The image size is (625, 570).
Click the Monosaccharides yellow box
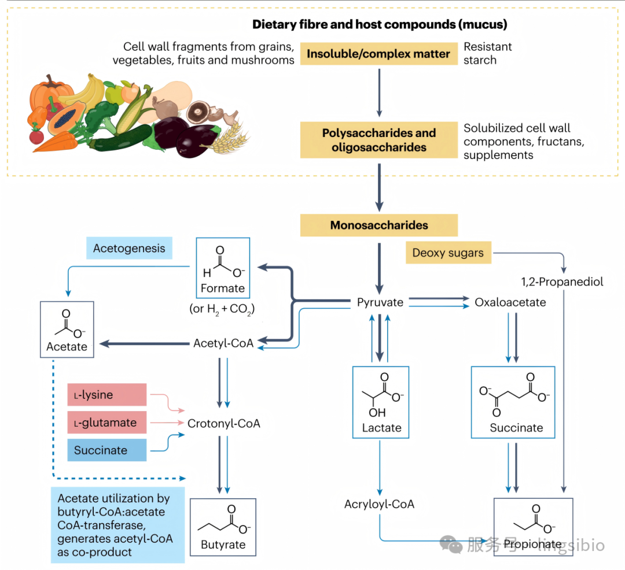378,225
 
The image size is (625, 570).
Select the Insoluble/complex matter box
378,54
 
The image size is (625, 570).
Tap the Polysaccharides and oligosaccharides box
378,140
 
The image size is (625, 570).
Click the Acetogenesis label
129,249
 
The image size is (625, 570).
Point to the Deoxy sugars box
448,253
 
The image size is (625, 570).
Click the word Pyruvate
380,302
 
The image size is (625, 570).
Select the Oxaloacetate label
510,302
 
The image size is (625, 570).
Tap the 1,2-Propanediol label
562,282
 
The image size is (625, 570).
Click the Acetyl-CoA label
223,343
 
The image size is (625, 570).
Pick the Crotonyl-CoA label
223,424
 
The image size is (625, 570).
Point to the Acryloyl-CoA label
380,504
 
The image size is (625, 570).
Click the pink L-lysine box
107,395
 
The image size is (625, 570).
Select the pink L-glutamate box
107,423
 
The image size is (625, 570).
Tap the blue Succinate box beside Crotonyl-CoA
107,450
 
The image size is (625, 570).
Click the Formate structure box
223,268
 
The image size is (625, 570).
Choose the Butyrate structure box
223,527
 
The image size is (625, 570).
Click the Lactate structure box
381,402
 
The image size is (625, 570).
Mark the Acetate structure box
67,330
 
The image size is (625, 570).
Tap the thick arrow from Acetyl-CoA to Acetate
144,343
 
